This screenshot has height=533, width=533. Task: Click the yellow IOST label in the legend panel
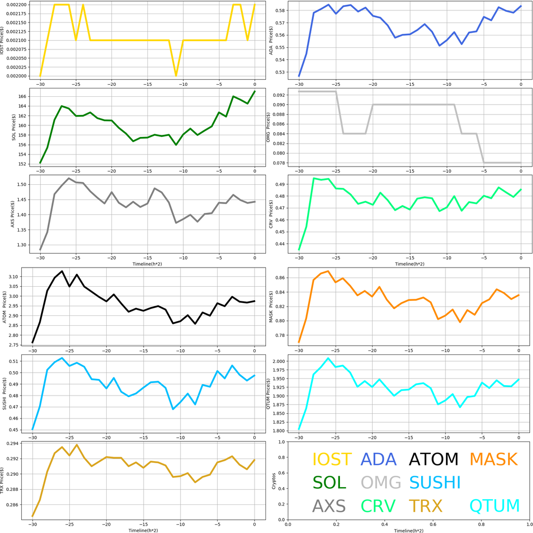(332, 460)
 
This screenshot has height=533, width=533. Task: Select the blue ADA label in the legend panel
(380, 460)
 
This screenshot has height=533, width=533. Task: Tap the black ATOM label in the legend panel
(433, 460)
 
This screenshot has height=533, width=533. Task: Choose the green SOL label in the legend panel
(329, 483)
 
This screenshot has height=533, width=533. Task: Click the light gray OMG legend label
(381, 483)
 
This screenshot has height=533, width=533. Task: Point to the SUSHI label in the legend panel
(435, 483)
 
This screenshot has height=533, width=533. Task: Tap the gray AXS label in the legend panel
(329, 505)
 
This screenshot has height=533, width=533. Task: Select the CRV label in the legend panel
(378, 505)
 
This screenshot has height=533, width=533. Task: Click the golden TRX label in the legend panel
(425, 505)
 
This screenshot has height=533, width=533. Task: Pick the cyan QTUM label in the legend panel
(494, 505)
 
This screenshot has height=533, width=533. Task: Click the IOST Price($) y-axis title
(5, 40)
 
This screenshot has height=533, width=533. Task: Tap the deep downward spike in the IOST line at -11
(176, 75)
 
